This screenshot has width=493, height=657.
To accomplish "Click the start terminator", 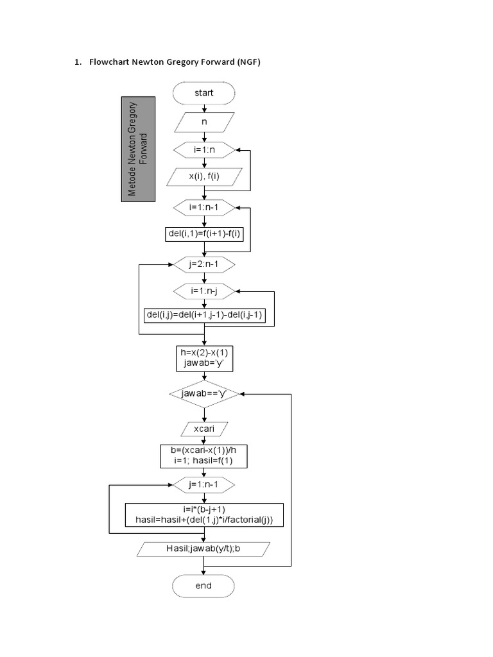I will point(203,93).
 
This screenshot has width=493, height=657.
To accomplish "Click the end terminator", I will point(203,586).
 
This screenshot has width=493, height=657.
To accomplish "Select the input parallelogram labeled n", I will point(204,122).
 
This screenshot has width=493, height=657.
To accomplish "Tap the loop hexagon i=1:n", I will point(204,149).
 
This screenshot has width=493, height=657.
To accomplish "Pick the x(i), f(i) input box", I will point(204,176).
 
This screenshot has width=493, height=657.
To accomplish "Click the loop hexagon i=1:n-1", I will point(204,207).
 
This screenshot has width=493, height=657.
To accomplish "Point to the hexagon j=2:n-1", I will point(204,264).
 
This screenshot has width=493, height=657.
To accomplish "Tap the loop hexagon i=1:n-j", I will point(204,291).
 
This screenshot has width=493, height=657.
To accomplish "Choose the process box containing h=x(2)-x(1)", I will point(204,358).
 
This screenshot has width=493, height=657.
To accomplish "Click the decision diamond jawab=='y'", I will point(204,394).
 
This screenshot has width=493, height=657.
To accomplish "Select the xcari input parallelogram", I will point(204,428).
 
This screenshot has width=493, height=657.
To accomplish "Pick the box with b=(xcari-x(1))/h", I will point(204,456).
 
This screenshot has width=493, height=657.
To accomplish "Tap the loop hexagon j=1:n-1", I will point(204,484).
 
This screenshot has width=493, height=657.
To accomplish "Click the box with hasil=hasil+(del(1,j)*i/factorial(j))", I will point(204,515).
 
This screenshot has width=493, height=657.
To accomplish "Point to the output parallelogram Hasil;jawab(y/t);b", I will point(204,549).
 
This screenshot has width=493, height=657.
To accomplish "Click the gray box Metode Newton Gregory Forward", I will point(139,149).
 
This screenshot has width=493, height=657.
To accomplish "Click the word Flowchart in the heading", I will point(110,62).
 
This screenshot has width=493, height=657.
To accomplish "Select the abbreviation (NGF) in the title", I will point(248,62).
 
